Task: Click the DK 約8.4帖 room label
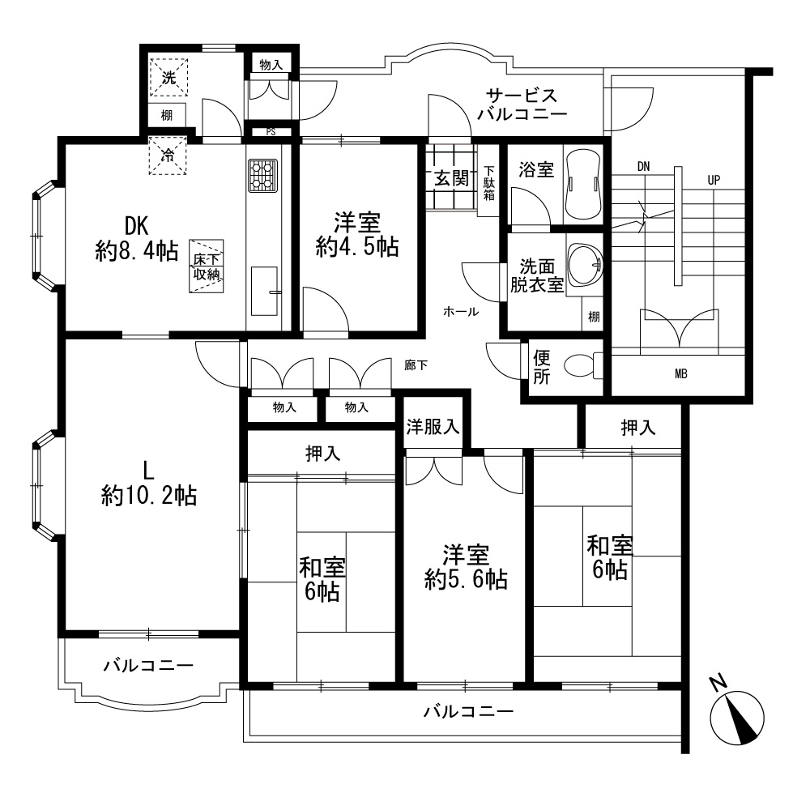[137, 239]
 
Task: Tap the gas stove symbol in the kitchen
[263, 176]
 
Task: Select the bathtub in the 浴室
[584, 185]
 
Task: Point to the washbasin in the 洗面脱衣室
[586, 265]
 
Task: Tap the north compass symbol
[737, 715]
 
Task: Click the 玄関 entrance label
[451, 179]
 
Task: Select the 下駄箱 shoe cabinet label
[488, 183]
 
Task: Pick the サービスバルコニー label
[522, 104]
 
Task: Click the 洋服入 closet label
[433, 427]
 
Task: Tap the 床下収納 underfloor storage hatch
[207, 266]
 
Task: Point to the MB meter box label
[681, 374]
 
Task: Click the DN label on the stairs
[644, 166]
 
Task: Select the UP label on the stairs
[714, 181]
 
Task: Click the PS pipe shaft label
[271, 132]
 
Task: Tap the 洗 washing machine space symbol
[169, 78]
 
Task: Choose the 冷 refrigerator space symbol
[168, 155]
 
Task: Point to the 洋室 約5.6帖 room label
[466, 567]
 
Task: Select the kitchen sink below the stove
[264, 292]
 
